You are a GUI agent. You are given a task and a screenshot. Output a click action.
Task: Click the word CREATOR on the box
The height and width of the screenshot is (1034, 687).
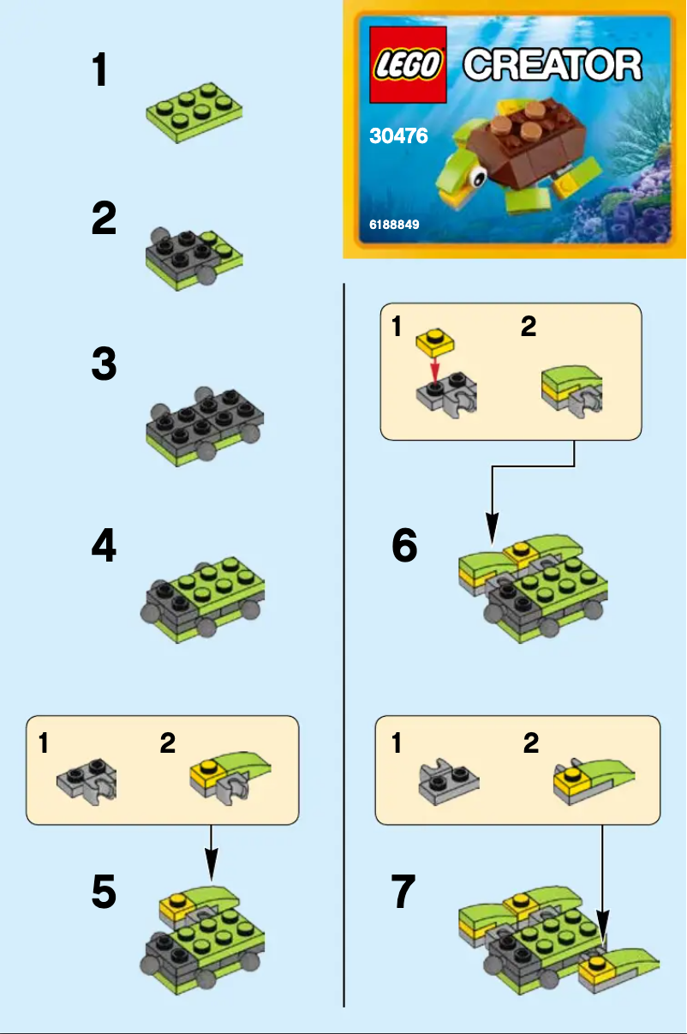pos(553,64)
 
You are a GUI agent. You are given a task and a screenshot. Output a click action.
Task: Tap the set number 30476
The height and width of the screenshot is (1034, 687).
pos(398,135)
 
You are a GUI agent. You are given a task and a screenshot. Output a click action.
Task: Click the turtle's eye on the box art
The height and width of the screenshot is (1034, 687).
pos(477,177)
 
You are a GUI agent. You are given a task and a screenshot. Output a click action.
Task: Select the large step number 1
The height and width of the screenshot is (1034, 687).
pos(101,70)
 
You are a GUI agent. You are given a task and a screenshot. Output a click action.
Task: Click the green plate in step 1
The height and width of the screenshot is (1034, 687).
pos(194,112)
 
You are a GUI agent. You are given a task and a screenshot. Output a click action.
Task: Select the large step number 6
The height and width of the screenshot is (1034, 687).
pos(404,546)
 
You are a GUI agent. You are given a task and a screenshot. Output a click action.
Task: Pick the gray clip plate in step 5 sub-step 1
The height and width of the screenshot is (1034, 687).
pos(87,778)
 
